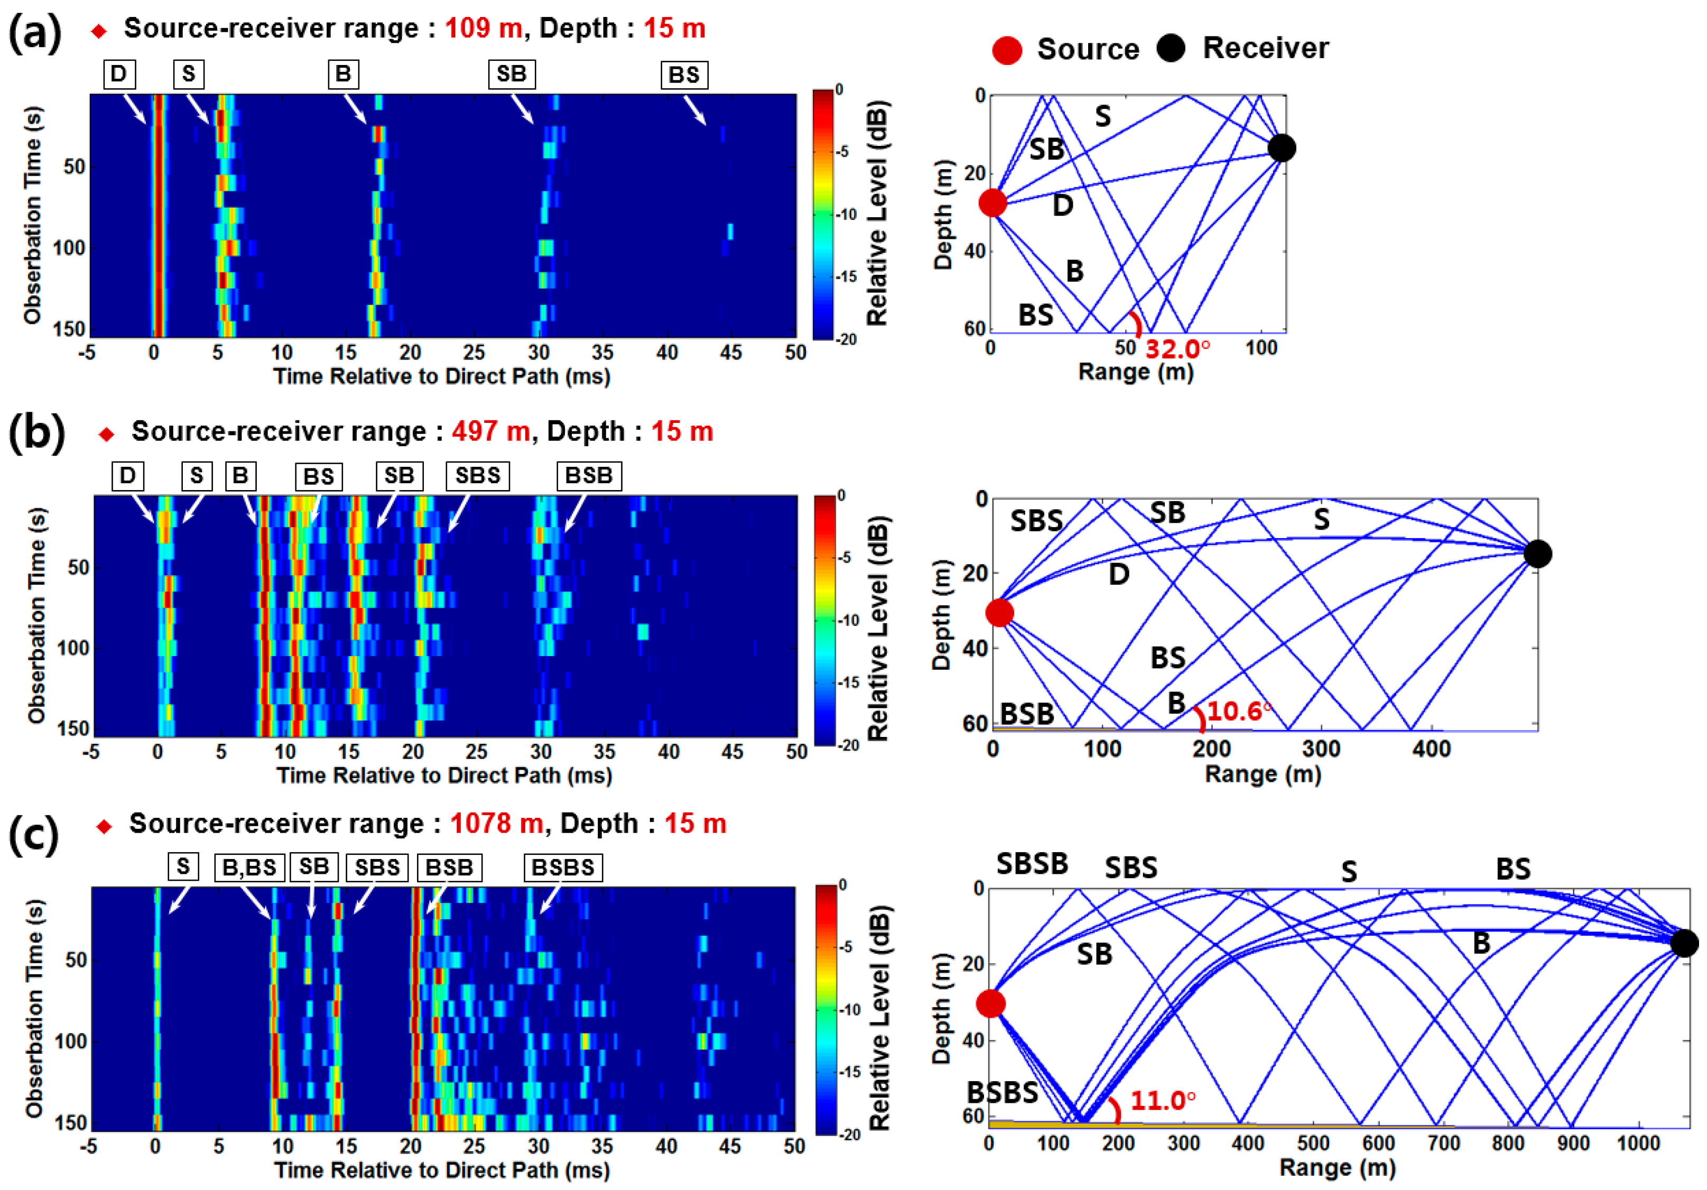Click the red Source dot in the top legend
coord(1007,50)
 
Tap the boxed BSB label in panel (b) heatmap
coord(589,475)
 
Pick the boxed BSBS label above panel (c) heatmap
coord(563,867)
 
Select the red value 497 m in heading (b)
coord(490,431)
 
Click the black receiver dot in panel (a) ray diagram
coord(1281,148)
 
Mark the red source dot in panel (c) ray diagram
coord(990,1003)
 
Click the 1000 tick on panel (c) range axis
coord(1638,1142)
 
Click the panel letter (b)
coord(36,433)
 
